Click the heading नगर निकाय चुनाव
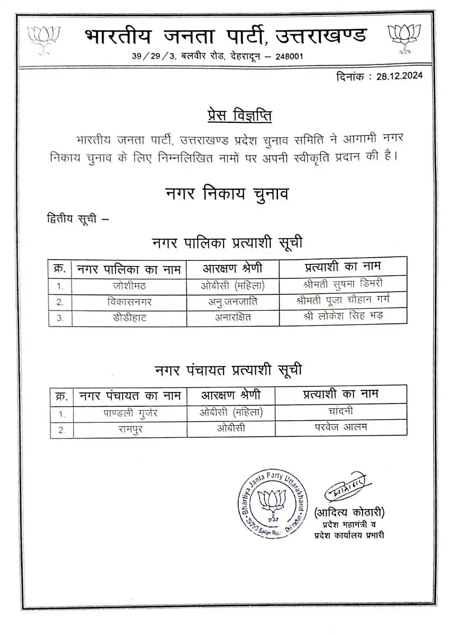(x=227, y=194)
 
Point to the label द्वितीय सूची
(x=72, y=219)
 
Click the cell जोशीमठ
(x=129, y=286)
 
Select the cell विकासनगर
(x=129, y=302)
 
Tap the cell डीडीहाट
(x=129, y=317)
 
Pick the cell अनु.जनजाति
(x=233, y=302)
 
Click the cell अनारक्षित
(x=233, y=317)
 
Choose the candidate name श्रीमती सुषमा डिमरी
(x=343, y=284)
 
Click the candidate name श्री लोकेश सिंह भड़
(x=343, y=316)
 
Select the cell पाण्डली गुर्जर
(x=130, y=413)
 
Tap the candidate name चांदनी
(x=341, y=411)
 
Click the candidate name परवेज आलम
(x=341, y=427)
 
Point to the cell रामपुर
(x=130, y=429)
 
